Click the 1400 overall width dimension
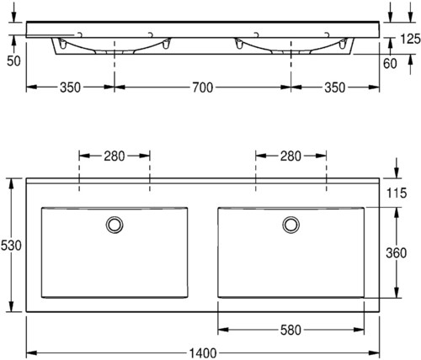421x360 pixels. click(x=203, y=353)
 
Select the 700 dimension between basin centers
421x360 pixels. click(x=203, y=87)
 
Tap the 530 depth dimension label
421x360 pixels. click(x=11, y=246)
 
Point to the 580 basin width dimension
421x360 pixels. click(x=290, y=330)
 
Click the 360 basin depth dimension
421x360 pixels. click(x=396, y=253)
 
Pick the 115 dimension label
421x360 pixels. click(x=397, y=193)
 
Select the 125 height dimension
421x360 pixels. click(x=410, y=39)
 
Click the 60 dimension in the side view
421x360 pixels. click(x=390, y=64)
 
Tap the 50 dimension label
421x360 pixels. click(x=13, y=61)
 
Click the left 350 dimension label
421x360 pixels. click(x=70, y=87)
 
